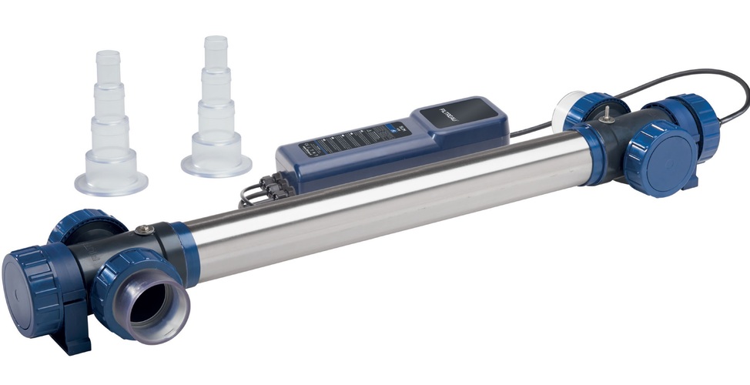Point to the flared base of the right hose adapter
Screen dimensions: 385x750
click(x=216, y=163)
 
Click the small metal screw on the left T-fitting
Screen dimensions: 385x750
click(x=143, y=229)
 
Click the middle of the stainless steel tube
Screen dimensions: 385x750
click(x=385, y=200)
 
